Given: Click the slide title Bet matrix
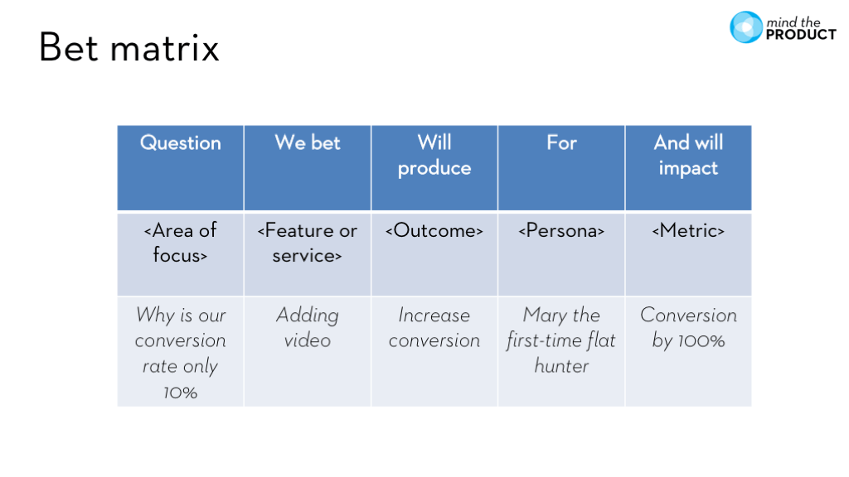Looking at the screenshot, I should click(x=129, y=48).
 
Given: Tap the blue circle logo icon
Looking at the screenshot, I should click(x=745, y=27).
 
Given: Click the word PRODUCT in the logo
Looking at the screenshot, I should click(x=801, y=35).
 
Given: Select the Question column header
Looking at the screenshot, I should click(x=181, y=143).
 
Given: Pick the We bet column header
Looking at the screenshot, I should click(x=308, y=143).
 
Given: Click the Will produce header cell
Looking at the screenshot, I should click(x=434, y=156).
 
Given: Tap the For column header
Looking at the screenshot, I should click(x=561, y=143).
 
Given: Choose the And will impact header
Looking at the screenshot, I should click(x=688, y=156).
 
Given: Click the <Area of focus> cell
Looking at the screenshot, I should click(x=181, y=243).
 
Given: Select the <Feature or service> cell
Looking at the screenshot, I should click(x=308, y=243).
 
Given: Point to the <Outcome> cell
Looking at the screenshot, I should click(x=434, y=231).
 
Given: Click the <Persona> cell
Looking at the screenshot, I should click(x=561, y=231).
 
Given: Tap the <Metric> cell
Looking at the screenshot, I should click(x=688, y=231).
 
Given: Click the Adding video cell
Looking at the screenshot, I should click(x=308, y=328).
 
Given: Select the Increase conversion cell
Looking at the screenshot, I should click(x=434, y=328).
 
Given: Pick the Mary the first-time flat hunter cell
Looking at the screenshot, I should click(x=561, y=340).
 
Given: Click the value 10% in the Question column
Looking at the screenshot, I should click(x=181, y=393).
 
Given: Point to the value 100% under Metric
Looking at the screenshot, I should click(x=703, y=341).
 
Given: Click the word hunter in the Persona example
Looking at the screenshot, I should click(x=561, y=366).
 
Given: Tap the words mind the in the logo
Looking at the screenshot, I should click(x=794, y=21).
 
